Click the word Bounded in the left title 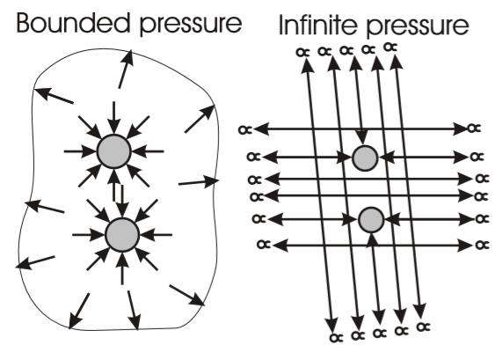[x=74, y=22]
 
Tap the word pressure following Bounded [x=191, y=25]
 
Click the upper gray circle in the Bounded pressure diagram [x=114, y=151]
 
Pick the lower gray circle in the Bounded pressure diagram [x=122, y=235]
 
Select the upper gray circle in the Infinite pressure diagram [x=365, y=158]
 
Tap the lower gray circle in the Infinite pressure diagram [x=371, y=220]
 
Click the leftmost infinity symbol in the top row [x=303, y=52]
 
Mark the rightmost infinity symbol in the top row [x=390, y=48]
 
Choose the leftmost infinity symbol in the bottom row [x=336, y=337]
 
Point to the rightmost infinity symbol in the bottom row [x=424, y=327]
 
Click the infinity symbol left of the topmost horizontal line [x=245, y=129]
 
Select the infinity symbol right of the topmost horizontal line [x=475, y=129]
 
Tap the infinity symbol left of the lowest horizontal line [x=265, y=245]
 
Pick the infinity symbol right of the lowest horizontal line [x=483, y=245]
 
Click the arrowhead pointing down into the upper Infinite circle [x=362, y=137]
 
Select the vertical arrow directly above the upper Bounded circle [x=114, y=118]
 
